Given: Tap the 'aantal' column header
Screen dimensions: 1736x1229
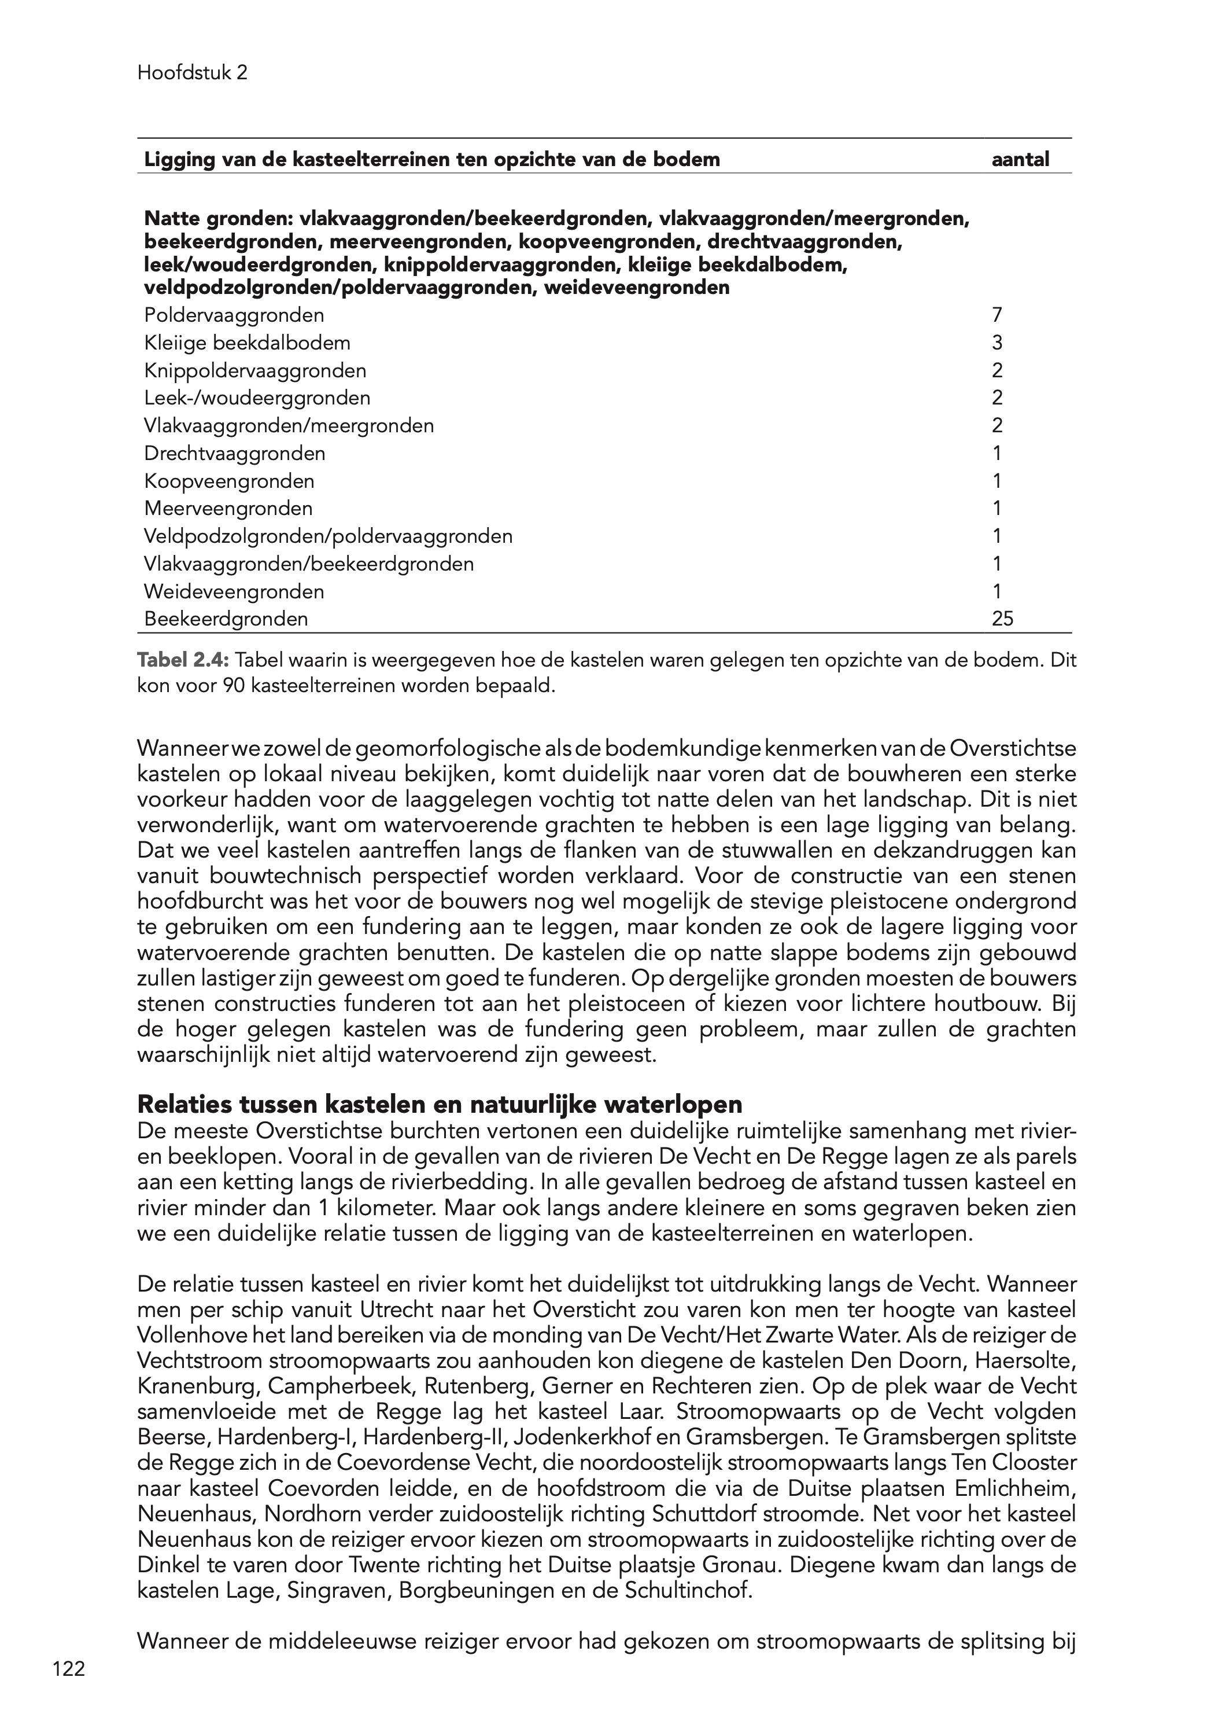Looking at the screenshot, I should pos(1020,160).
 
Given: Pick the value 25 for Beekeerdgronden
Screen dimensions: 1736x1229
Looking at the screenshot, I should pos(1002,619).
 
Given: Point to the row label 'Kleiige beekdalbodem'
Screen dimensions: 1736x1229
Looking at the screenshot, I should pos(248,343).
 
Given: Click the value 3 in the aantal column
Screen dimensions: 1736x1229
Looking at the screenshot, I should pos(998,343).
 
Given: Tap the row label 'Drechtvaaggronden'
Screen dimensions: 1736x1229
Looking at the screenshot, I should pos(235,454).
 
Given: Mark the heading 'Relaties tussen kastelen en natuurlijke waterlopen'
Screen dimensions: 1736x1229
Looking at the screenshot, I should pos(440,1105).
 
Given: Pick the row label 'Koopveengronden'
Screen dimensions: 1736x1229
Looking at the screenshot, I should pos(229,481).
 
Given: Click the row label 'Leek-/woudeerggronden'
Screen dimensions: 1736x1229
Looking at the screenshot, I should pos(257,398).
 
